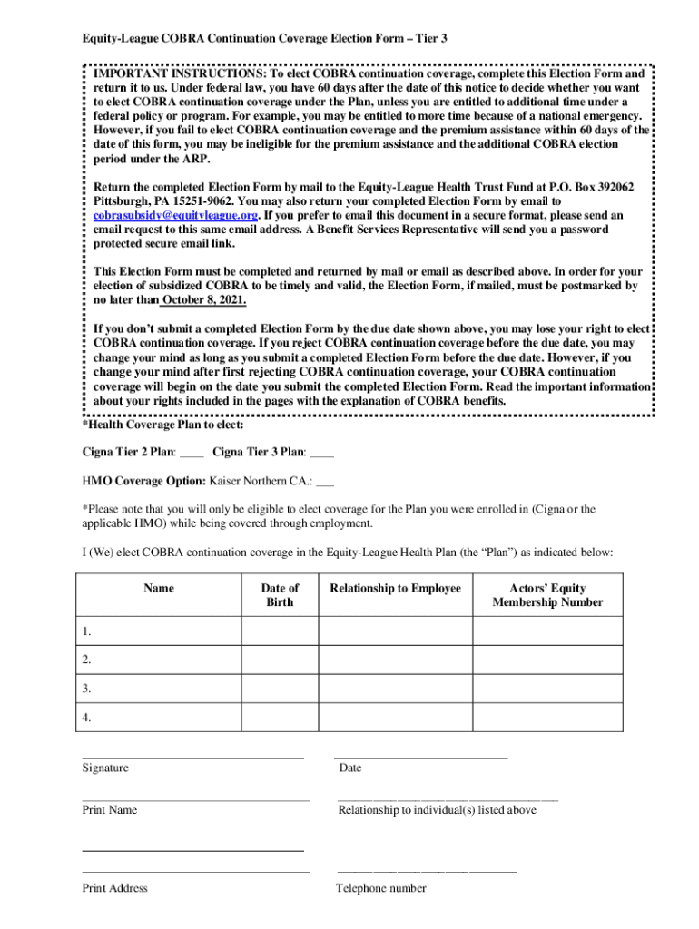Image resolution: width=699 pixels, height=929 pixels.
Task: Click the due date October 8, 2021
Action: point(203,300)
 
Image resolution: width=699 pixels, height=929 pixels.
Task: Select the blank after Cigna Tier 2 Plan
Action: point(192,451)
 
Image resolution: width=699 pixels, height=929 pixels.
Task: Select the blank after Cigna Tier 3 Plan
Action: point(322,451)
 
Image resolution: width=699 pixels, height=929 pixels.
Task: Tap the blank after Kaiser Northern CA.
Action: point(325,480)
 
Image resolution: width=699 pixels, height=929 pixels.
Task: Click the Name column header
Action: point(159,589)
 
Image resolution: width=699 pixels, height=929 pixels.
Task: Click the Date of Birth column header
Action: point(280,595)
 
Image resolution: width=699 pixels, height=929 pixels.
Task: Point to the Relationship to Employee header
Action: point(395,589)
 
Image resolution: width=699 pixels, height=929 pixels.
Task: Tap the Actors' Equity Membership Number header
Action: point(547,595)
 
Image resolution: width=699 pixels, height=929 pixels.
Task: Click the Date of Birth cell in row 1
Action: point(280,631)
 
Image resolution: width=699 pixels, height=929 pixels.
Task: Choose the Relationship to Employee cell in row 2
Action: point(395,660)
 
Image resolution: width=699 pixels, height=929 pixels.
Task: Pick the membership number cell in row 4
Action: point(547,717)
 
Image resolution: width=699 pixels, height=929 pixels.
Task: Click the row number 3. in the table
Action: point(86,689)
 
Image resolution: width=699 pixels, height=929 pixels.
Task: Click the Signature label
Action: point(105,768)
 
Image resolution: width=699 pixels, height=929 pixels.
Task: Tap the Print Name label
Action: point(110,809)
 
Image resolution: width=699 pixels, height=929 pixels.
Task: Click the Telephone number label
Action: point(381,888)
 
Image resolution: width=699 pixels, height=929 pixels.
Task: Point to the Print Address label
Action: point(115,888)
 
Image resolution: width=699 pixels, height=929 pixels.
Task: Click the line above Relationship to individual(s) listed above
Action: point(448,799)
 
